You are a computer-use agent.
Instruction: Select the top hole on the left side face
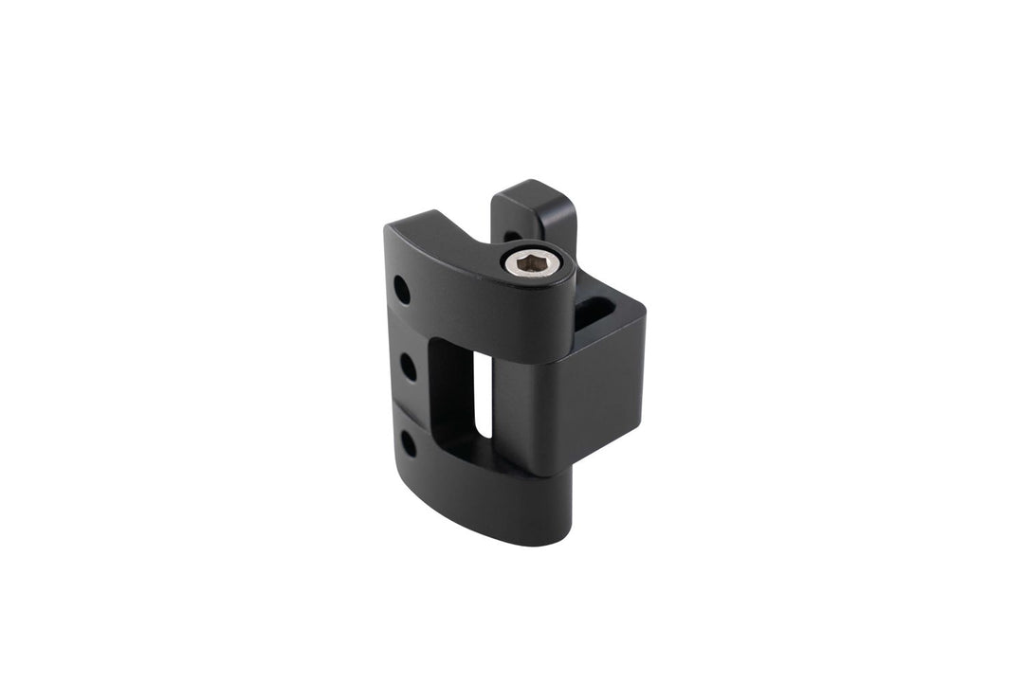pyautogui.click(x=402, y=288)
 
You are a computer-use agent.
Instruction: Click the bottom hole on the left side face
pyautogui.click(x=407, y=442)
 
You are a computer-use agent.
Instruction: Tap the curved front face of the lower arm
pyautogui.click(x=484, y=502)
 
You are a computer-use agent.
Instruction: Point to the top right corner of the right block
pyautogui.click(x=645, y=308)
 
